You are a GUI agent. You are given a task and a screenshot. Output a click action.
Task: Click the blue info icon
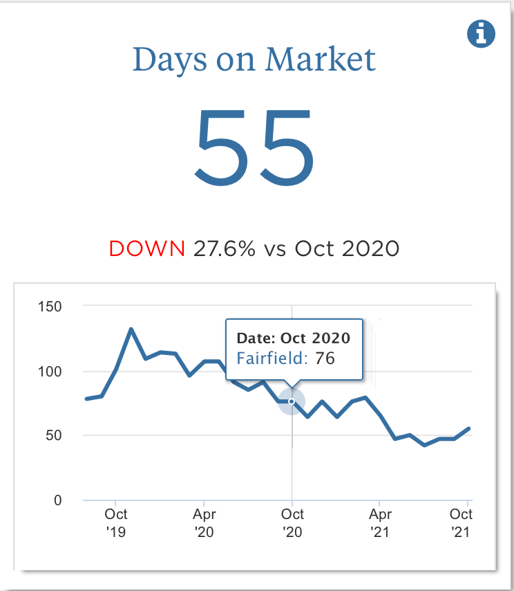coord(482,33)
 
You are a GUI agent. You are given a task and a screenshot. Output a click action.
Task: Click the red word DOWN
coord(146,248)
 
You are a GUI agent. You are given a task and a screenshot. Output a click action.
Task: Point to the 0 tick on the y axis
coord(58,500)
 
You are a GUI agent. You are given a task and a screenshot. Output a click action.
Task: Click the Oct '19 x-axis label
coord(116,523)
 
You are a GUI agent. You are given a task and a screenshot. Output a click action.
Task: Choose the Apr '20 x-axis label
coord(204,523)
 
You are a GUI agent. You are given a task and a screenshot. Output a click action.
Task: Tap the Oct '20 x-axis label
coord(292,523)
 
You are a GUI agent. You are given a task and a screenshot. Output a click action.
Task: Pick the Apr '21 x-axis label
coord(380,523)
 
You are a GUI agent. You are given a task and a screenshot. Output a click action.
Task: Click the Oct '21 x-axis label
coord(461,523)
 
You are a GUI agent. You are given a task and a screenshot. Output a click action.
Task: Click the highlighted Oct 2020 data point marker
coord(292,401)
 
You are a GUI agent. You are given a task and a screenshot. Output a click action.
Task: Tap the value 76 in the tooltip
coord(325,358)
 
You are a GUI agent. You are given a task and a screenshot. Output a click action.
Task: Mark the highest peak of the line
coord(131,329)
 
